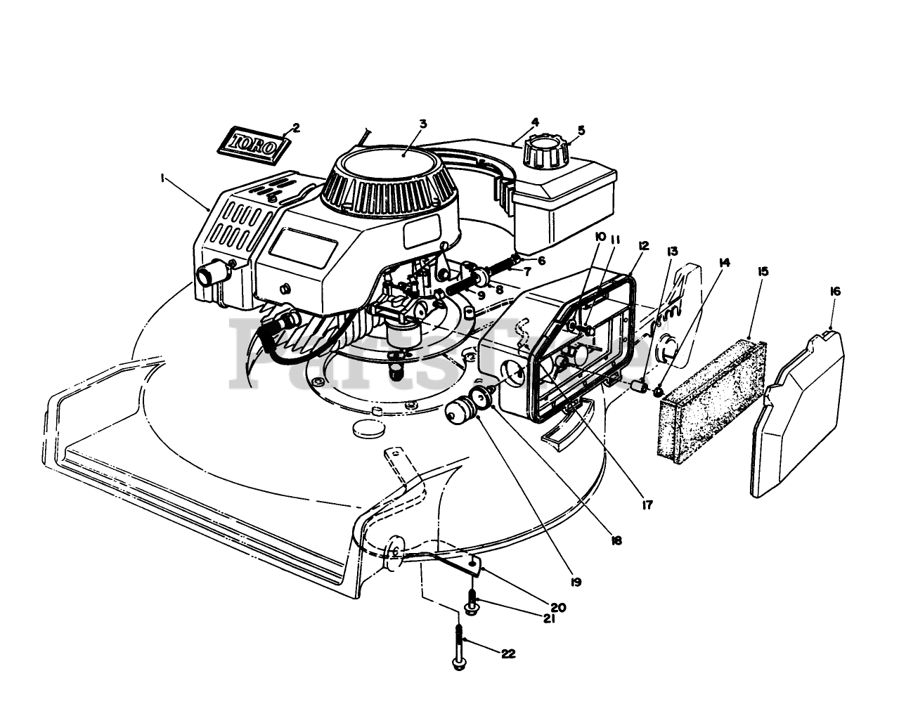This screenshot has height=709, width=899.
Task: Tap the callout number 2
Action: [x=295, y=127]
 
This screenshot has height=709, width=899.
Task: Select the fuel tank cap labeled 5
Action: [x=545, y=152]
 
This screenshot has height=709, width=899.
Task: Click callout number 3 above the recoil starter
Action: [x=422, y=124]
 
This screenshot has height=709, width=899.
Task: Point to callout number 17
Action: [x=647, y=504]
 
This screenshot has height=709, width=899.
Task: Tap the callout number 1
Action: [x=162, y=178]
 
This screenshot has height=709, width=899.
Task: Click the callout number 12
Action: [x=644, y=245]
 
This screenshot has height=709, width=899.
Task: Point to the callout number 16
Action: [x=834, y=291]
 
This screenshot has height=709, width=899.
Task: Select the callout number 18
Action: [x=616, y=540]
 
